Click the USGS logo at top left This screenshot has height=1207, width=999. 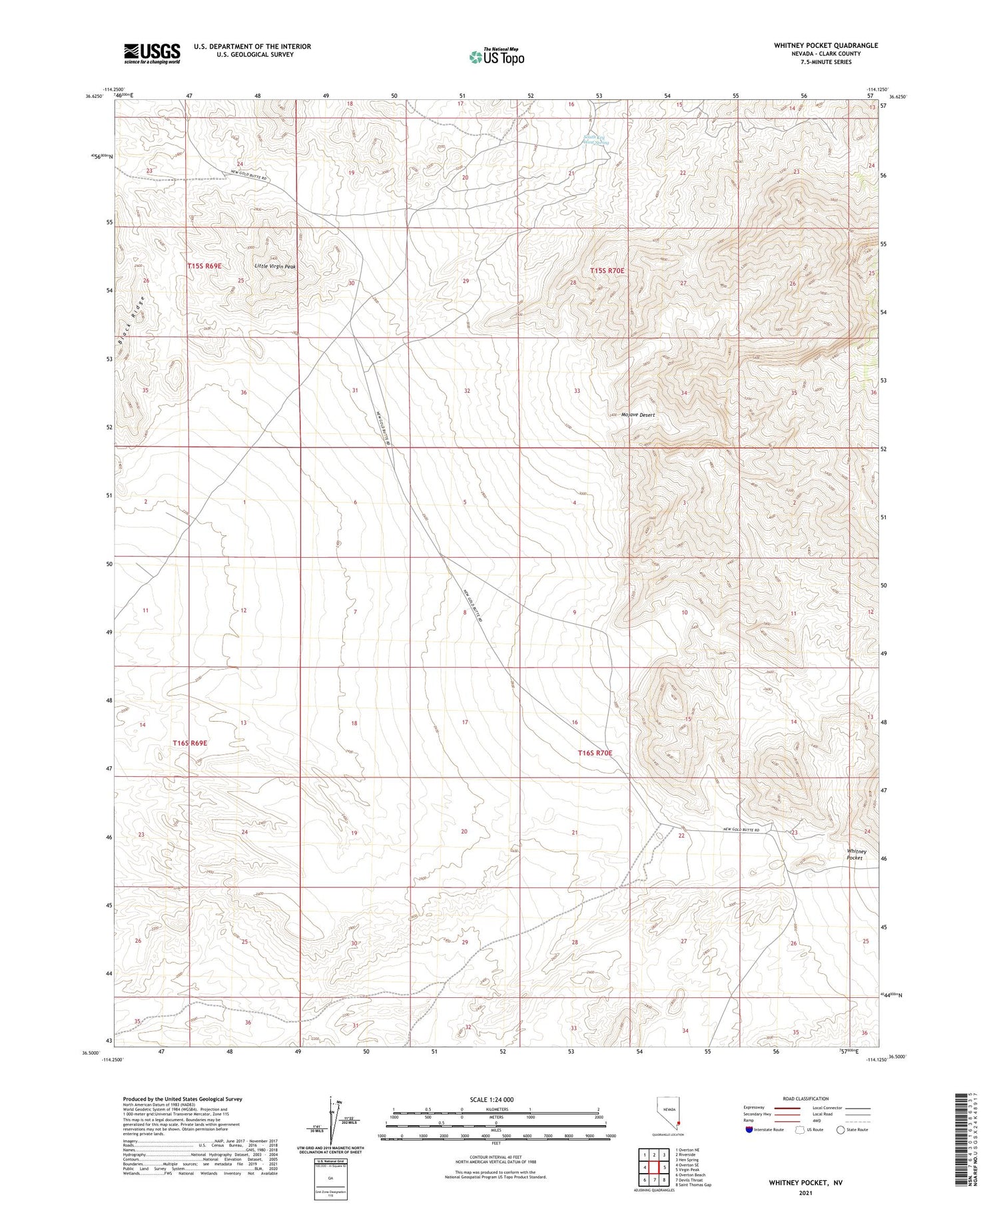pos(151,53)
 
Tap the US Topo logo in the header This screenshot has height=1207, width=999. pos(496,57)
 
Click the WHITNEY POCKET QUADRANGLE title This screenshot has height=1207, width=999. pos(826,45)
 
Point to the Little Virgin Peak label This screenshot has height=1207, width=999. pos(275,266)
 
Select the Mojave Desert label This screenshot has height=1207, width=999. pos(638,415)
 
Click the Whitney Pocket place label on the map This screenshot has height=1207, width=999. pos(856,854)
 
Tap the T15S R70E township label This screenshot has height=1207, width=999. pos(607,271)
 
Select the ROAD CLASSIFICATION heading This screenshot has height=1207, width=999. pos(806,1098)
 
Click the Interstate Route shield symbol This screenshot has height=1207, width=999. pos(751,1130)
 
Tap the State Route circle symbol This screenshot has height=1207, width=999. pos(840,1130)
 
